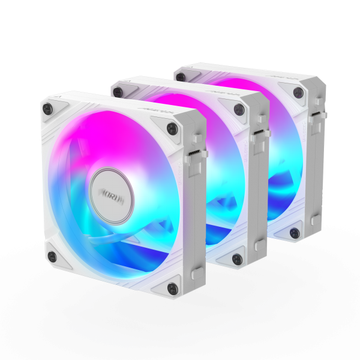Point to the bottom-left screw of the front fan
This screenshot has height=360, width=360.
click(x=52, y=257)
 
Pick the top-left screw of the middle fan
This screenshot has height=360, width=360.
click(x=118, y=92)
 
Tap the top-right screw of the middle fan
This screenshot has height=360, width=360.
click(x=239, y=109)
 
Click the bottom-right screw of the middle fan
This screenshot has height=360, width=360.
click(x=238, y=259)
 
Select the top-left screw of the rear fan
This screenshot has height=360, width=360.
click(x=181, y=76)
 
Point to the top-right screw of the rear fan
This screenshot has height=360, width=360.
click(x=298, y=92)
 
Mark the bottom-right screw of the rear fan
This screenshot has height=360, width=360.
click(x=294, y=233)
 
